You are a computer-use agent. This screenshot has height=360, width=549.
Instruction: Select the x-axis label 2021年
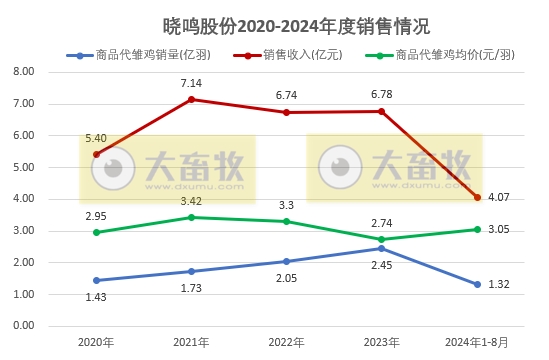point(191,342)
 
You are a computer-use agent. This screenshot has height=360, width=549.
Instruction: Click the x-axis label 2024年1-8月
point(476,342)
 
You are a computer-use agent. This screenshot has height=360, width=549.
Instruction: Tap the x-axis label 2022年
point(286,342)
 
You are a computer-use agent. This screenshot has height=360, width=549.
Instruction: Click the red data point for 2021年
point(191,99)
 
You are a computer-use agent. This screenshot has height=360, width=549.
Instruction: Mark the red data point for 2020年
point(96,154)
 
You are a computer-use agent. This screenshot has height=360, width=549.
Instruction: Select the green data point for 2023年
point(381,239)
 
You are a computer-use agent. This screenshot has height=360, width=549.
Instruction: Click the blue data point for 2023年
point(381,248)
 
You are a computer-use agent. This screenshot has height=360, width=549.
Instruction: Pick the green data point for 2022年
point(286,221)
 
